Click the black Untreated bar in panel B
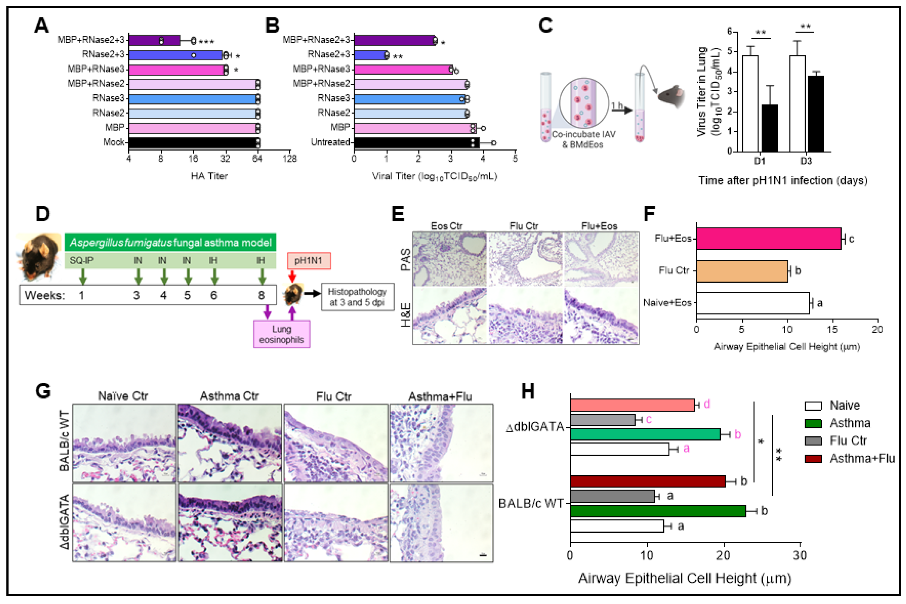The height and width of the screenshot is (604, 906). click(416, 142)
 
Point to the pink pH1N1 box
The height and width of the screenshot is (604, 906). click(309, 261)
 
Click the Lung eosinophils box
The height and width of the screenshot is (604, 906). click(281, 334)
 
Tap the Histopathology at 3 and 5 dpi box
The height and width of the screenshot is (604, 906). click(357, 297)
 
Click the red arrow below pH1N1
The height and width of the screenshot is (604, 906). click(292, 276)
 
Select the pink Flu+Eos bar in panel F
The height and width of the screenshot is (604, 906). click(768, 239)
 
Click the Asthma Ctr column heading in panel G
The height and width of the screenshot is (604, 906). click(229, 396)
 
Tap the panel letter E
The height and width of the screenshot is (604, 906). click(398, 214)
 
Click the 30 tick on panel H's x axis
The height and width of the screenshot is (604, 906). click(800, 555)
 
